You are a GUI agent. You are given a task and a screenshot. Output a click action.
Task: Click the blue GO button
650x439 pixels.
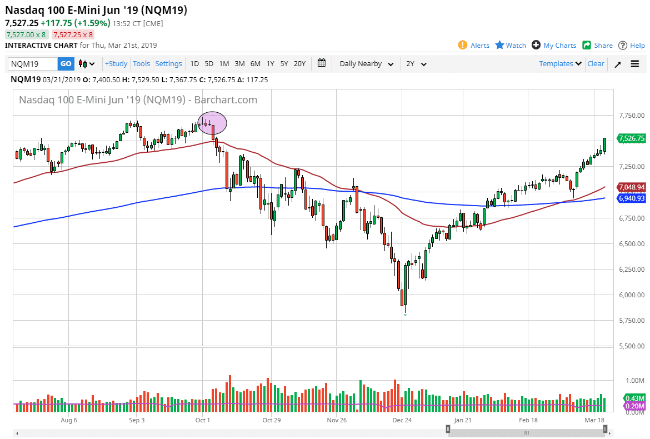[66, 64]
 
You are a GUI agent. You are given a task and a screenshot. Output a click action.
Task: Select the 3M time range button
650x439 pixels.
[239, 64]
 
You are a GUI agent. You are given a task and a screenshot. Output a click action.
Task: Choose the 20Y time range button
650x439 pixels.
[299, 64]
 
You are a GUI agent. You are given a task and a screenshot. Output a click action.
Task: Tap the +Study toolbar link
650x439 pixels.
[116, 64]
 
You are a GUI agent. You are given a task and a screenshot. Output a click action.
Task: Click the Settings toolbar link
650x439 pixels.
[168, 64]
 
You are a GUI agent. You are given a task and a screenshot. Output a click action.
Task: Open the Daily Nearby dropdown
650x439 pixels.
[367, 64]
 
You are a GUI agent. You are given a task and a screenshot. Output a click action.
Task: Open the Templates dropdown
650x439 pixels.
[560, 64]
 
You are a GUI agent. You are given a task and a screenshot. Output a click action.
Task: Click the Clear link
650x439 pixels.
[596, 64]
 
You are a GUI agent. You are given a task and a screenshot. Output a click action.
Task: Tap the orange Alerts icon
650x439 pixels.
[462, 45]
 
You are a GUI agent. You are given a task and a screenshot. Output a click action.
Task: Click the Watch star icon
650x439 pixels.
[499, 45]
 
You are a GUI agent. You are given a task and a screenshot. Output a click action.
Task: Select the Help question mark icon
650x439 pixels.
[623, 45]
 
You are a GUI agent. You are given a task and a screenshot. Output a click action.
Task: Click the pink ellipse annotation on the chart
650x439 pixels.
[212, 122]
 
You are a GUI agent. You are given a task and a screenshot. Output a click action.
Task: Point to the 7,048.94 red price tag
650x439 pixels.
[631, 187]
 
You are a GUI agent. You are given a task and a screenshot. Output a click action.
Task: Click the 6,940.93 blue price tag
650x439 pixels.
[631, 198]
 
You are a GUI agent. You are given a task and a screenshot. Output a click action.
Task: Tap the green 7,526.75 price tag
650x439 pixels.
[631, 138]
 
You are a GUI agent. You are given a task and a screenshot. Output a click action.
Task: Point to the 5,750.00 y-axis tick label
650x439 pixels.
[631, 321]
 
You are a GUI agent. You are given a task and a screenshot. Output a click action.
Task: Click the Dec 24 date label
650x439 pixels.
[402, 421]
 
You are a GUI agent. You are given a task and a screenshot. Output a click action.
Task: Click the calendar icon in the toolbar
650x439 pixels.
[322, 63]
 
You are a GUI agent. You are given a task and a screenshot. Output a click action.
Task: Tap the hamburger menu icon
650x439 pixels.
[635, 64]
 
